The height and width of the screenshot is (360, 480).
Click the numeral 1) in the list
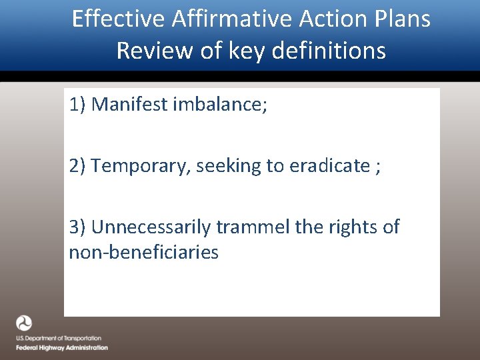(77, 105)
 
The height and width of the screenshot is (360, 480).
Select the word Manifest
(129, 105)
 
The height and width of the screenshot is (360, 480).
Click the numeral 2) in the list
(77, 166)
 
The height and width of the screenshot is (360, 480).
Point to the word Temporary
(141, 166)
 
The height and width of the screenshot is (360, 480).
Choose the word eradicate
(329, 166)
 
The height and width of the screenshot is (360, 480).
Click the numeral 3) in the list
(77, 227)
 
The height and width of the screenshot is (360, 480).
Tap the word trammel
(253, 227)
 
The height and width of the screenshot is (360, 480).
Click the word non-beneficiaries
(143, 253)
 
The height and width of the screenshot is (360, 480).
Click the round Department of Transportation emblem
(24, 324)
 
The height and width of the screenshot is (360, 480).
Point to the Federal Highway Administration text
(62, 348)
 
